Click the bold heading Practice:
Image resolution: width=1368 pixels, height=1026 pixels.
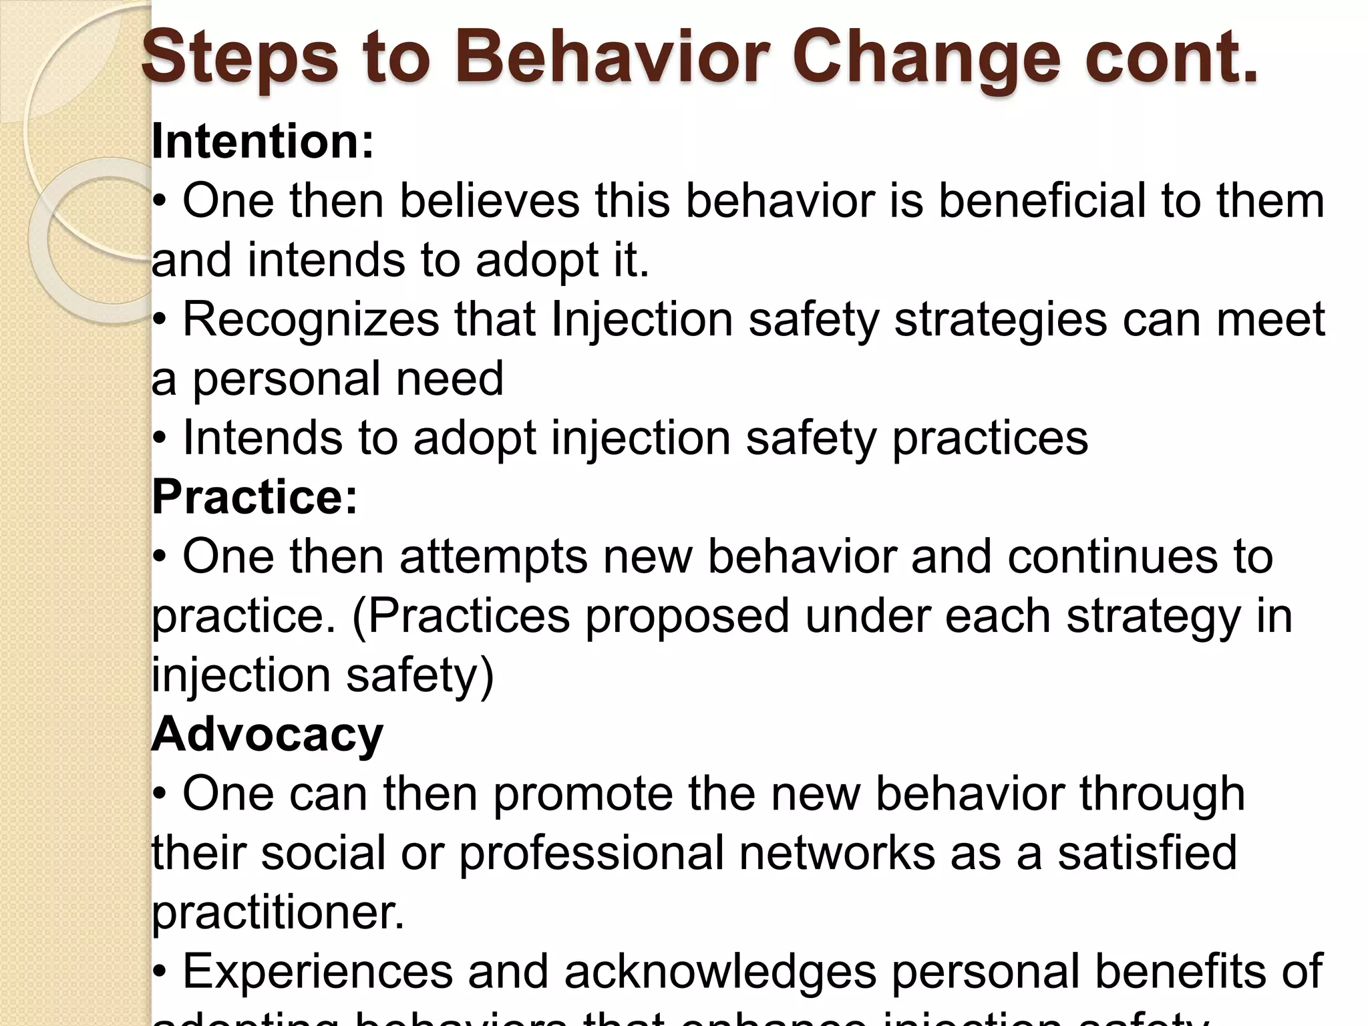coord(254,497)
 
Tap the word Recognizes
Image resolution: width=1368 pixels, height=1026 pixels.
coord(311,319)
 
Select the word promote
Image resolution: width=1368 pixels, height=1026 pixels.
coord(582,795)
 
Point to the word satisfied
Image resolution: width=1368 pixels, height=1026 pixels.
coord(1147,852)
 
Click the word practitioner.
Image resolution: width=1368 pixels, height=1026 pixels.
coord(278,912)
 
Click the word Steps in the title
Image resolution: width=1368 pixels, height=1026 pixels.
coord(240,60)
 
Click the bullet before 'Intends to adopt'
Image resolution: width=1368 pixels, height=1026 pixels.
coord(159,438)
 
